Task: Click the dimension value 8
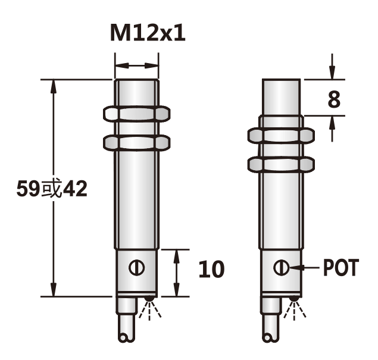334,99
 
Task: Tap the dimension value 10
211,270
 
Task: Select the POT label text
341,268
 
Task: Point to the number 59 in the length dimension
27,189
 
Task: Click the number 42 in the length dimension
74,189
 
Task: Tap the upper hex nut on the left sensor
137,113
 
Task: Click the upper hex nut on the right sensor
280,136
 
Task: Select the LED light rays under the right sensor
294,308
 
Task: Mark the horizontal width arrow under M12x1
137,65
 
